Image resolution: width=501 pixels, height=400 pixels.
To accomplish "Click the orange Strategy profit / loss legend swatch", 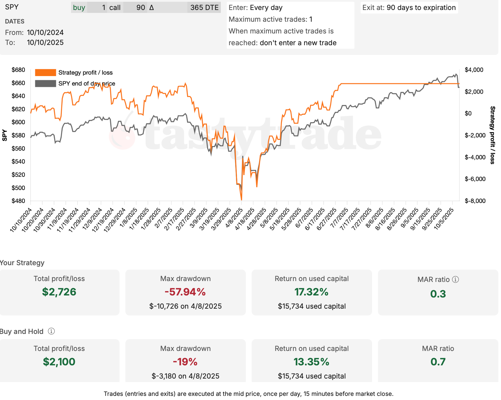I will (x=45, y=73).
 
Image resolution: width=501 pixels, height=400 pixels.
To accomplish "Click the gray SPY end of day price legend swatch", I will (x=45, y=83).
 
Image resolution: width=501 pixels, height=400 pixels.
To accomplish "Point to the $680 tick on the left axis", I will (x=18, y=70).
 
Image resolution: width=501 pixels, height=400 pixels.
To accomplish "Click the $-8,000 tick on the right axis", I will (x=475, y=201).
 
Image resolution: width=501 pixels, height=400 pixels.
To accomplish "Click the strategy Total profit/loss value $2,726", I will (x=59, y=292).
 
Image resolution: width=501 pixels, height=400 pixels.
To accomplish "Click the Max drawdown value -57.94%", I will (x=185, y=292).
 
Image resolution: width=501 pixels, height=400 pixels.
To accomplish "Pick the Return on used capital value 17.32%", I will (x=311, y=292).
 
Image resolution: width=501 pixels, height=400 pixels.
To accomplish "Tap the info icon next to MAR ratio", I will (x=455, y=279).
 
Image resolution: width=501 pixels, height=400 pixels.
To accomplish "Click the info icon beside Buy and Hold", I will (x=51, y=331).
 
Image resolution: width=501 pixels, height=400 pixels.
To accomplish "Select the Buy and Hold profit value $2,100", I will (x=59, y=362).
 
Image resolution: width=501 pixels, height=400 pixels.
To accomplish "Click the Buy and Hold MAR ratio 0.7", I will (x=438, y=362).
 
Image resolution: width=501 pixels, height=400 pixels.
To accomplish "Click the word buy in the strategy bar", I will (x=79, y=8).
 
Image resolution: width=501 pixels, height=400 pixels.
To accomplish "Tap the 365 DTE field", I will (x=204, y=8).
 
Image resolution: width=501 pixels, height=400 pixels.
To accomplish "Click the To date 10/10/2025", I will (x=45, y=43).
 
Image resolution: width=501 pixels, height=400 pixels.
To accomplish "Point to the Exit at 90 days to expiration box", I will (x=409, y=8).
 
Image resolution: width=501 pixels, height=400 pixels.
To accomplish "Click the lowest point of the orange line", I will (x=241, y=200).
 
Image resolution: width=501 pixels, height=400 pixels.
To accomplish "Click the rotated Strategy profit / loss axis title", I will (x=492, y=135).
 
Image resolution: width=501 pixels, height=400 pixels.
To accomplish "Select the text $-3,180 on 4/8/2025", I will (x=185, y=376).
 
